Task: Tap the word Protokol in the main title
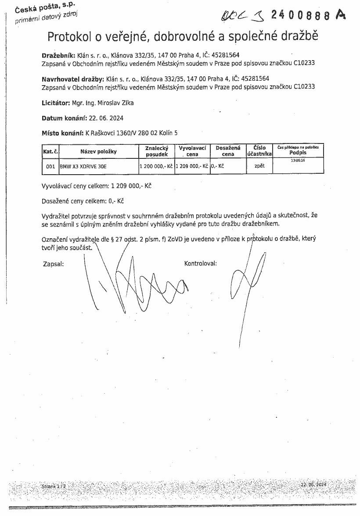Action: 71,36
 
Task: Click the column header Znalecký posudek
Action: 156,151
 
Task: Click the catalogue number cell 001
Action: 50,167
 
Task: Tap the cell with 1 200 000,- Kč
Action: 156,167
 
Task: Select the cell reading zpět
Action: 259,166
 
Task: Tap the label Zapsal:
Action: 54,264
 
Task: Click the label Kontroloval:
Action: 201,264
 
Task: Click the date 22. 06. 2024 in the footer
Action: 314,484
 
